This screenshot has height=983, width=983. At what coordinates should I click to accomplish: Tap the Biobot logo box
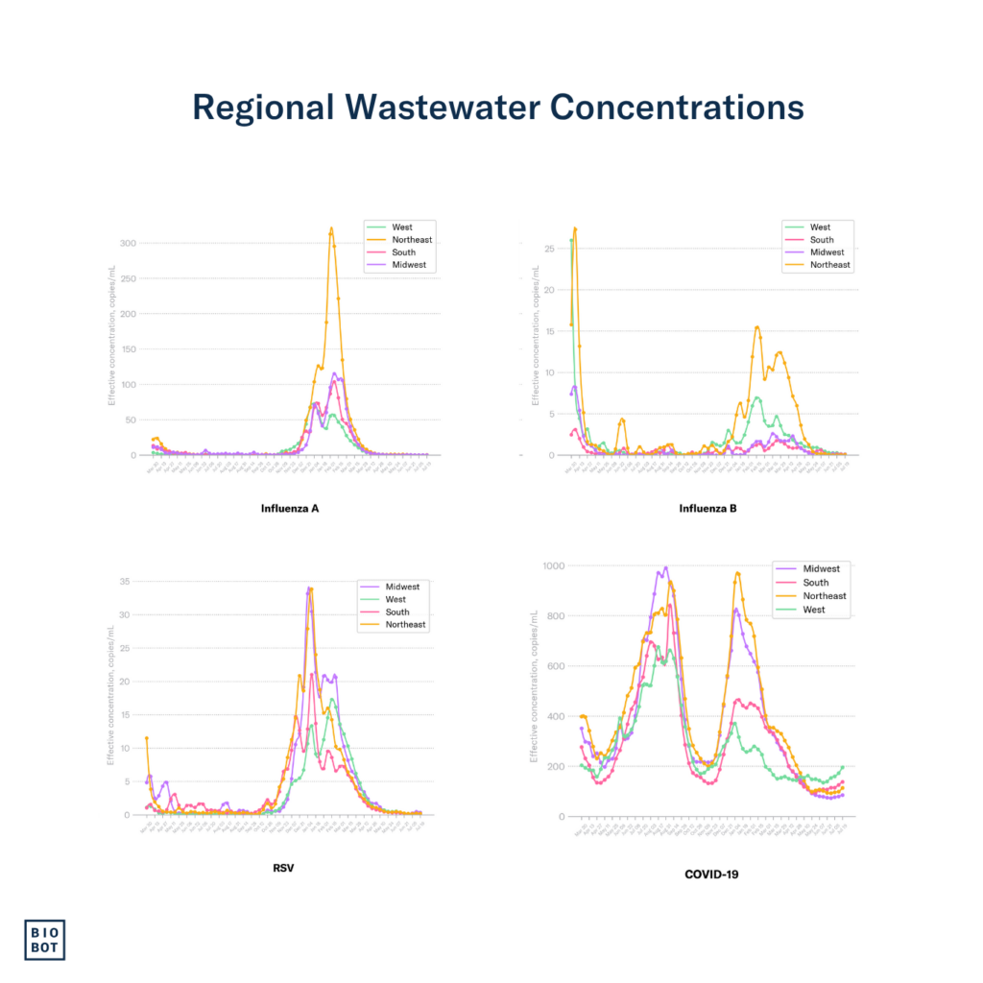click(x=45, y=939)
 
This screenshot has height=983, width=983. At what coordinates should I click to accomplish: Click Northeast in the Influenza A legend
click(x=412, y=240)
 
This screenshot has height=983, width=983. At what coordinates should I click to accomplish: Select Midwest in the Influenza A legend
click(x=409, y=265)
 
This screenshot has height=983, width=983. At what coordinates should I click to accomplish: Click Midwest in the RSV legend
click(x=403, y=587)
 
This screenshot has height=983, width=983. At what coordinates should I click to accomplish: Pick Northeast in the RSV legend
click(x=406, y=624)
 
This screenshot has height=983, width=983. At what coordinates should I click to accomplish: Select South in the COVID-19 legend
click(x=816, y=583)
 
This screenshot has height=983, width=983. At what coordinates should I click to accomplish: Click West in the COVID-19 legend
click(x=814, y=609)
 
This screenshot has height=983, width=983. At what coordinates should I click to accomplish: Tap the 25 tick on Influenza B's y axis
click(x=549, y=249)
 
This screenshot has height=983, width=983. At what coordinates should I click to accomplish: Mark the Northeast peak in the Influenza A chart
click(x=331, y=228)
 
